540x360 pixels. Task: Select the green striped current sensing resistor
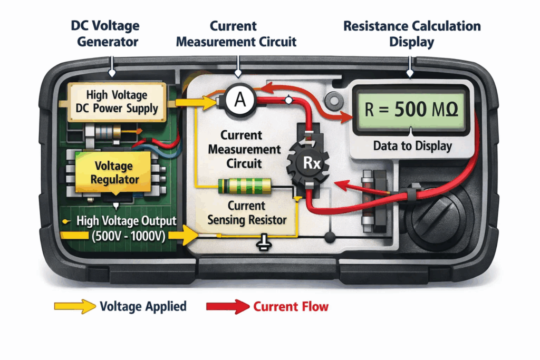[x=244, y=186]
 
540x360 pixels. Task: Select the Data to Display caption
[x=412, y=146]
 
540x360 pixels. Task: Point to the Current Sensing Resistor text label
[x=246, y=212]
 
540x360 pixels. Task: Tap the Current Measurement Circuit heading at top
[x=236, y=33]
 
